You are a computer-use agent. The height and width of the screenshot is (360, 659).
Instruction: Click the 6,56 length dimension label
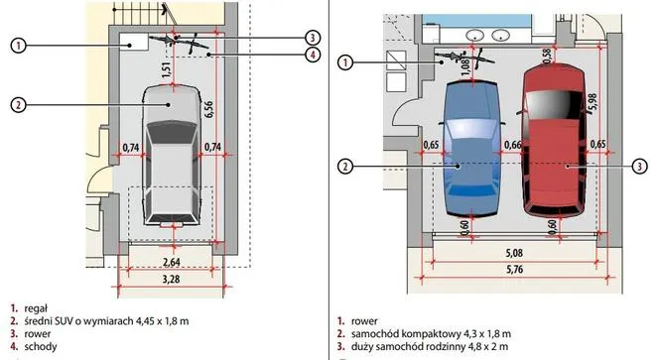pyautogui.click(x=207, y=109)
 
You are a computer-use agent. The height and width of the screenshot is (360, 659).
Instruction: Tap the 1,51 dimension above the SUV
pyautogui.click(x=167, y=70)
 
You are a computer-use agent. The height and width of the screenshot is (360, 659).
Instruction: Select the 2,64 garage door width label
pyautogui.click(x=172, y=262)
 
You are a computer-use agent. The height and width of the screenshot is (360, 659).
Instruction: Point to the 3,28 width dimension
pyautogui.click(x=172, y=279)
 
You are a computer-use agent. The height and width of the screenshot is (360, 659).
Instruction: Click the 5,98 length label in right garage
pyautogui.click(x=593, y=103)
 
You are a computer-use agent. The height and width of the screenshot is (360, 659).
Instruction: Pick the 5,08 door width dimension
pyautogui.click(x=514, y=253)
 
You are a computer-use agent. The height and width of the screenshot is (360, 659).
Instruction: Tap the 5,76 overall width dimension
pyautogui.click(x=514, y=270)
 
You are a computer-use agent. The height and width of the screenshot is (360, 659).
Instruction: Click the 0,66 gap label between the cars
pyautogui.click(x=513, y=145)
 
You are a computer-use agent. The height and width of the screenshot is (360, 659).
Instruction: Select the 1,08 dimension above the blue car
pyautogui.click(x=465, y=67)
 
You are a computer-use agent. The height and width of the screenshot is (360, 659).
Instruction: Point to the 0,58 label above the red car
pyautogui.click(x=547, y=57)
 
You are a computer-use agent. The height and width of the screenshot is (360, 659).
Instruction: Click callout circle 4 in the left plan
pyautogui.click(x=313, y=55)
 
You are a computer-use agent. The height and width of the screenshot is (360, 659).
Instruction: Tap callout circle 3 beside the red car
pyautogui.click(x=639, y=167)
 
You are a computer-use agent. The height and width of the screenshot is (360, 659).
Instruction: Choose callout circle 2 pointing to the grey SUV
pyautogui.click(x=18, y=104)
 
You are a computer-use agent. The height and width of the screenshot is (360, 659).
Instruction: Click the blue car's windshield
pyautogui.click(x=472, y=129)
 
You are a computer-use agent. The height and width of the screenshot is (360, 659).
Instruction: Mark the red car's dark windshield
pyautogui.click(x=553, y=104)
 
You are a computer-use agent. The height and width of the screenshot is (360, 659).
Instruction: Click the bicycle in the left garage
pyautogui.click(x=178, y=42)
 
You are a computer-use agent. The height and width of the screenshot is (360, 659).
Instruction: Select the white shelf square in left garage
pyautogui.click(x=133, y=43)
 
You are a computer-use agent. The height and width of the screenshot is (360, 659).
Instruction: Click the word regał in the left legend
pyautogui.click(x=36, y=308)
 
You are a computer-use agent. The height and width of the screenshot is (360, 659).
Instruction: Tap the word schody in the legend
pyautogui.click(x=41, y=346)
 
